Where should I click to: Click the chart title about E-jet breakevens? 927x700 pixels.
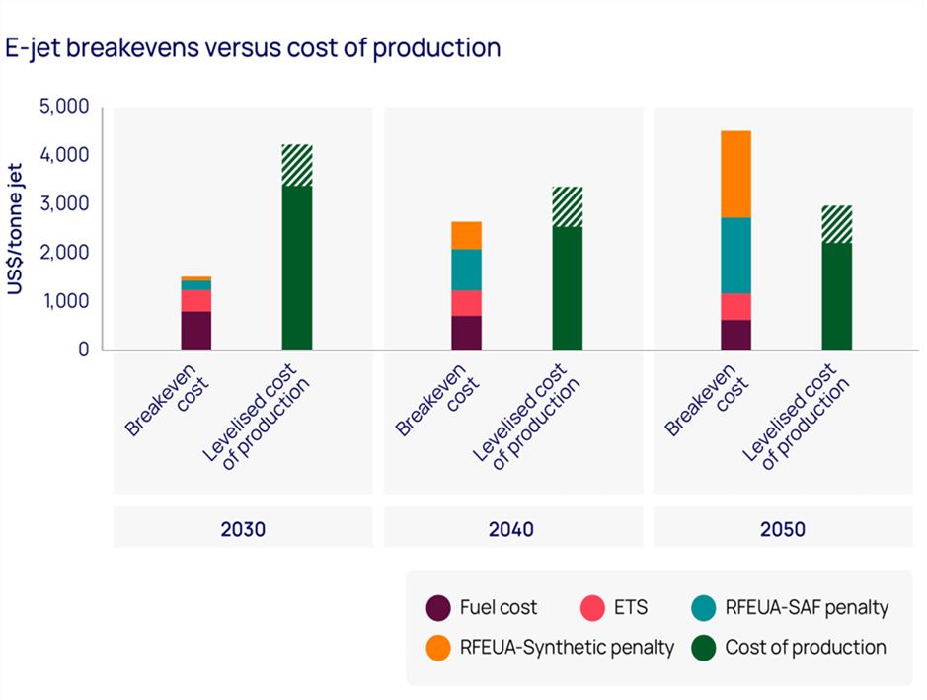click(x=254, y=47)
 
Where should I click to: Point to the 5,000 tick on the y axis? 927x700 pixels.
click(x=63, y=107)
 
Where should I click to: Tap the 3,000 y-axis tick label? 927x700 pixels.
click(x=63, y=203)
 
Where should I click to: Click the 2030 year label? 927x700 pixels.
click(x=243, y=529)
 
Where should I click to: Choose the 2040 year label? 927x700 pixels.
click(x=511, y=529)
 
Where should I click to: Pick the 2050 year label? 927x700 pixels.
click(x=782, y=529)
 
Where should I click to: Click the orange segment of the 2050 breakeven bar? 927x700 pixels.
click(x=735, y=174)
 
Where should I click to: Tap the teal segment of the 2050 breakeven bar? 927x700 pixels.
click(x=735, y=255)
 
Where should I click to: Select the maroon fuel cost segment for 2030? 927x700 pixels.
click(x=196, y=330)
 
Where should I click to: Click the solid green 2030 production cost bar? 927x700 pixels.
click(x=297, y=267)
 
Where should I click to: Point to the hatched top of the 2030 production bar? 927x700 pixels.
click(x=297, y=165)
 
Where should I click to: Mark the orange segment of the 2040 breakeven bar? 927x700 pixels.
click(x=466, y=235)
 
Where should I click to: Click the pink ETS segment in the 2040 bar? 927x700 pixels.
click(x=466, y=302)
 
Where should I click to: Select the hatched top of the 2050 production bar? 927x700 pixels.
click(x=837, y=224)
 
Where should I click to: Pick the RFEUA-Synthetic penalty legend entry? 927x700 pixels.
click(x=551, y=648)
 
